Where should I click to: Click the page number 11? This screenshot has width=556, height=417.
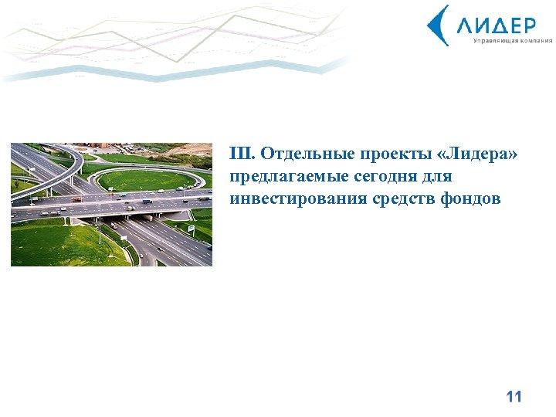514,397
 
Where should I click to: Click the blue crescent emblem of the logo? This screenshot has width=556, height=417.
438,25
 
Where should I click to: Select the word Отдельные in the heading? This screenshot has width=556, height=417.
299,154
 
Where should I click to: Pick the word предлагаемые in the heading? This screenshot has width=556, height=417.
284,177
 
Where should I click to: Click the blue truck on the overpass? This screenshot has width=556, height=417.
147,202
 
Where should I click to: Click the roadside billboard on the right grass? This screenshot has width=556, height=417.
191,229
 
